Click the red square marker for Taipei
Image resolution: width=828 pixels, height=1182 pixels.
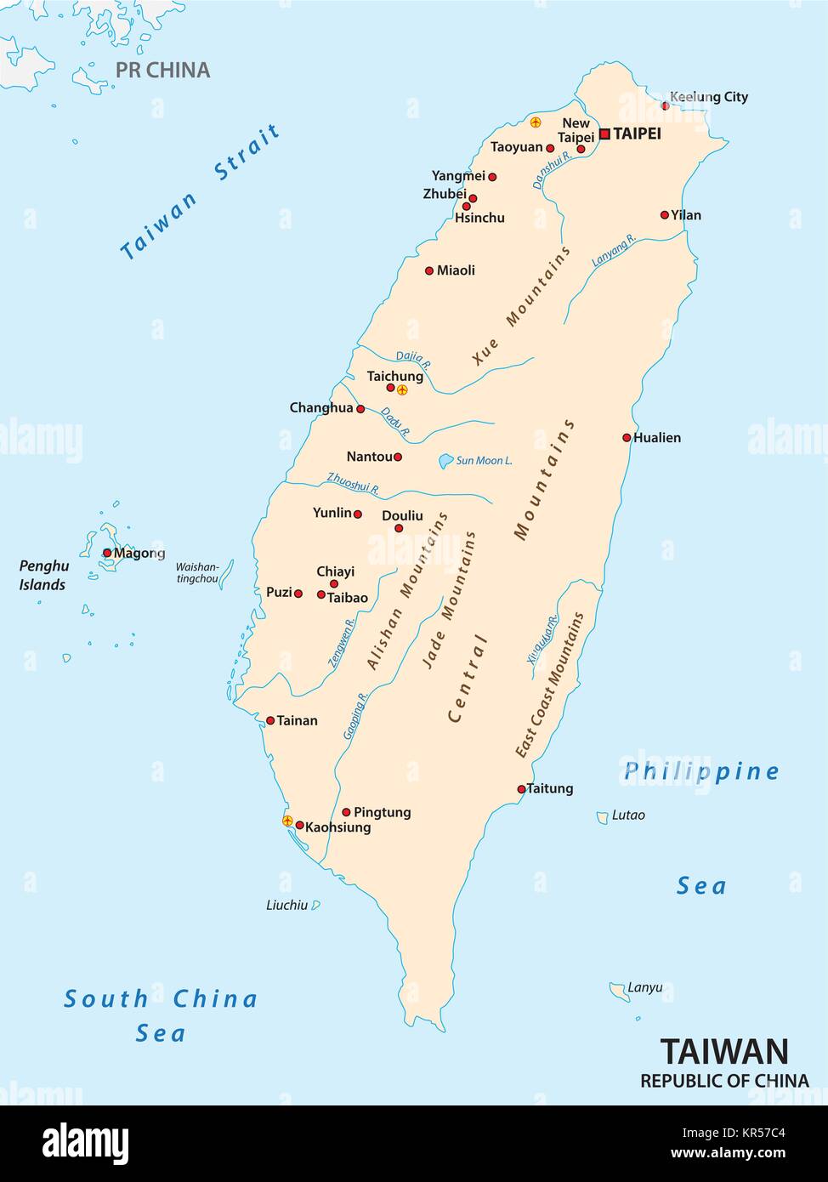pyautogui.click(x=604, y=134)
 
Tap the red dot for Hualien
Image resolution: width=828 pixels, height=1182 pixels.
pyautogui.click(x=627, y=438)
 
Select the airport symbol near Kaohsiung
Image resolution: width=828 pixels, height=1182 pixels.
pyautogui.click(x=287, y=821)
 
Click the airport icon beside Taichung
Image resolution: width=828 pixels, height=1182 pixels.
pyautogui.click(x=403, y=389)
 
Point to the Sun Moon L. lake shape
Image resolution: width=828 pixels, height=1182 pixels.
pyautogui.click(x=445, y=461)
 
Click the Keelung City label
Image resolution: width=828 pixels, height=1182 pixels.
pyautogui.click(x=709, y=97)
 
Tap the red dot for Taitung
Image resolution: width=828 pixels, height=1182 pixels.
pyautogui.click(x=522, y=789)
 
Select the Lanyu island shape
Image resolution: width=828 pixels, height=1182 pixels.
pyautogui.click(x=618, y=990)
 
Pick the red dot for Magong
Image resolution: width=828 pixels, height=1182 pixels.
pyautogui.click(x=107, y=553)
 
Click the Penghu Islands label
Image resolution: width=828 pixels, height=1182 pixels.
pyautogui.click(x=43, y=576)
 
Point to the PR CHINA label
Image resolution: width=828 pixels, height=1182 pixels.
pyautogui.click(x=162, y=71)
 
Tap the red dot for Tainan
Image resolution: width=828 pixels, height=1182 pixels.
pyautogui.click(x=270, y=720)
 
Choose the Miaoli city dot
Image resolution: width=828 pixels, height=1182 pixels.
pyautogui.click(x=429, y=271)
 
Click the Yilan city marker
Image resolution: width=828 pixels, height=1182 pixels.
pyautogui.click(x=665, y=215)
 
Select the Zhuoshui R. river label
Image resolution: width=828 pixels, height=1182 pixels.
pyautogui.click(x=353, y=484)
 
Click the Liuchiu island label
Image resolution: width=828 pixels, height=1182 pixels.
pyautogui.click(x=286, y=906)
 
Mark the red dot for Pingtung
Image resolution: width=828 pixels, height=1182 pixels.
pyautogui.click(x=346, y=812)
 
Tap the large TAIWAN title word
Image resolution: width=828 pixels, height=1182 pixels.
pyautogui.click(x=724, y=1052)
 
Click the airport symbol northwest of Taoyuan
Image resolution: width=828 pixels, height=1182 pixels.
pyautogui.click(x=536, y=122)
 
